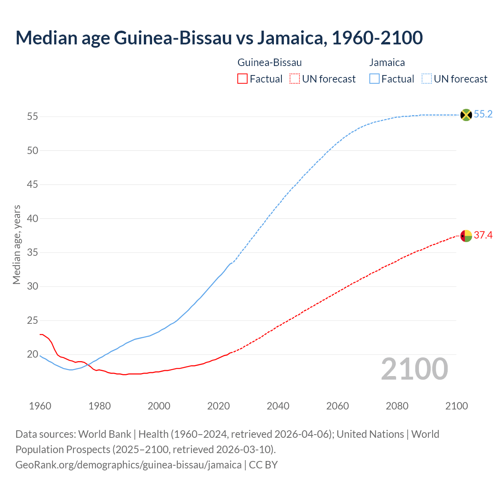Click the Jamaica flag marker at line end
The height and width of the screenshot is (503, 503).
point(466,115)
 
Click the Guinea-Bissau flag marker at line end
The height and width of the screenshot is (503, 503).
point(466,236)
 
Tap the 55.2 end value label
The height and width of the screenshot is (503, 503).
point(483,114)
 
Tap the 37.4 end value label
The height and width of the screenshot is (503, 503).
point(483,235)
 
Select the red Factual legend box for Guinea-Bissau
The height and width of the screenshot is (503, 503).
point(242,79)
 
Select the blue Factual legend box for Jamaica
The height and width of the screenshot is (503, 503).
point(374,79)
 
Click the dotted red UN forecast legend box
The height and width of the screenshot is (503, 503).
point(295,79)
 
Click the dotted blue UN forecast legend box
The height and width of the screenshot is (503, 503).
point(427,79)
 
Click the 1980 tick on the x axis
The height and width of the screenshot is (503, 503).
point(99,406)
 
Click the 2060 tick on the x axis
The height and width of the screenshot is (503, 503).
point(338,406)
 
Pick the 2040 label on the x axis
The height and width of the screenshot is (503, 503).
point(278,406)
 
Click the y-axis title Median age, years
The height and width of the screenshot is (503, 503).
point(17,244)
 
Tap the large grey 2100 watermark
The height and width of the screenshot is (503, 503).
point(414,369)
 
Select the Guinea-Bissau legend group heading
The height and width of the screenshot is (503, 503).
point(270,62)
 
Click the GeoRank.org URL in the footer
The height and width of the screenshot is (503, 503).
point(129,464)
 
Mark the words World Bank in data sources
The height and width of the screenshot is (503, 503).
point(105,434)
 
